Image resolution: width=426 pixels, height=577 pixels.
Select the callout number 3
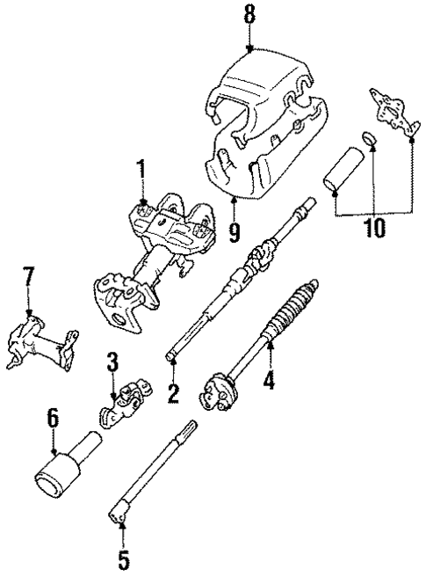pyautogui.click(x=112, y=362)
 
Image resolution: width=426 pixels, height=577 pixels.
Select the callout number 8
pyautogui.click(x=250, y=15)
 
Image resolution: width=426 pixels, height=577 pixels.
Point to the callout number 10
pyautogui.click(x=372, y=230)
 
